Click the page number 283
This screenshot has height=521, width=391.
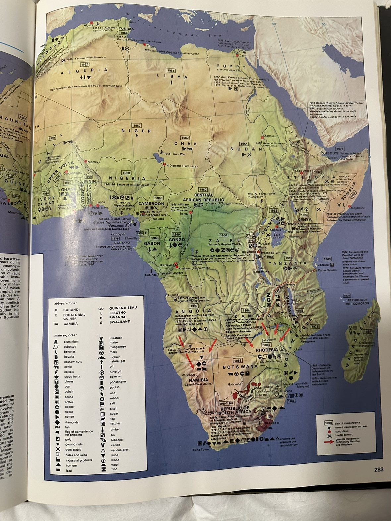pyautogui.click(x=379, y=469)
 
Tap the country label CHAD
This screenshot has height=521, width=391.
pyautogui.click(x=186, y=144)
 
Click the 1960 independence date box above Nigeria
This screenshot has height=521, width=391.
pyautogui.click(x=126, y=173)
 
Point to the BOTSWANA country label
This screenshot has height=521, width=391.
pyautogui.click(x=240, y=367)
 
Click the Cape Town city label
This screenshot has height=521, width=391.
pyautogui.click(x=201, y=450)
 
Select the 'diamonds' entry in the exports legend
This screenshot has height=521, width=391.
pyautogui.click(x=72, y=422)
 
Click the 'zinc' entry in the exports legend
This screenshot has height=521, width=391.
pyautogui.click(x=114, y=469)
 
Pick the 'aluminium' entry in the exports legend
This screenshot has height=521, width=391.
pyautogui.click(x=72, y=342)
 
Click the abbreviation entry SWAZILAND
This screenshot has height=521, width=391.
pyautogui.click(x=119, y=322)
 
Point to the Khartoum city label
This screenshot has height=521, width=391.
pyautogui.click(x=269, y=136)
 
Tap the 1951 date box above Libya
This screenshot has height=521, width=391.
pyautogui.click(x=171, y=71)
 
